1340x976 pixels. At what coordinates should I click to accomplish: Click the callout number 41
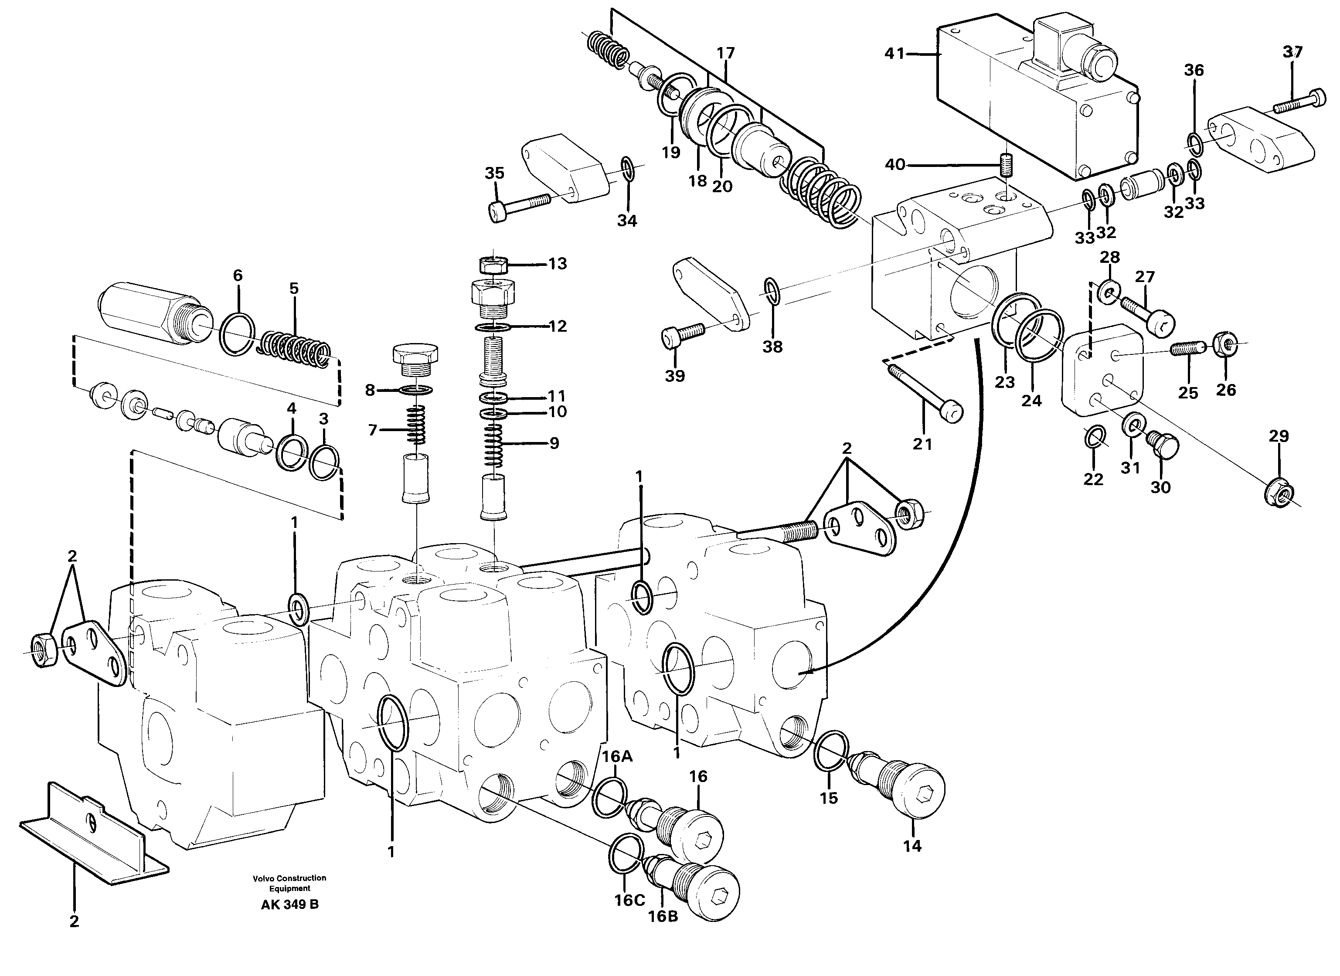pyautogui.click(x=894, y=54)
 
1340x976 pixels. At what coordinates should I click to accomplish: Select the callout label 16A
pyautogui.click(x=617, y=756)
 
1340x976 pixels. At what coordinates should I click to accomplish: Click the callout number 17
pyautogui.click(x=725, y=53)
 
